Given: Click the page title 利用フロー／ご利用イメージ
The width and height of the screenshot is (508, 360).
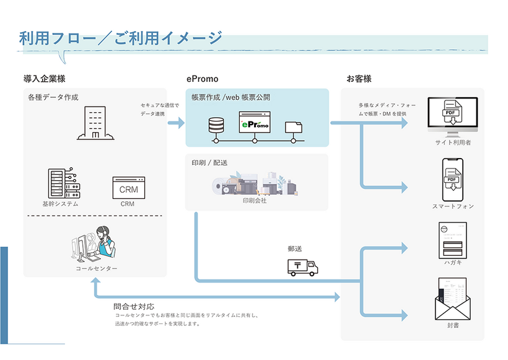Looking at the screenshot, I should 121,38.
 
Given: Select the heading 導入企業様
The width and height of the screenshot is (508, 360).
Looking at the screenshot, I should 45,79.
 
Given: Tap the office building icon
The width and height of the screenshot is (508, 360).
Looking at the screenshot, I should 93,123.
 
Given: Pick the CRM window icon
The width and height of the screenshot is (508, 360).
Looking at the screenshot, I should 128,187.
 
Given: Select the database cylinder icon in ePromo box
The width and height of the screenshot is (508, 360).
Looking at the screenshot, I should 216,126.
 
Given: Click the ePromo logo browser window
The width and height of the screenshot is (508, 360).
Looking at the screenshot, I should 255,123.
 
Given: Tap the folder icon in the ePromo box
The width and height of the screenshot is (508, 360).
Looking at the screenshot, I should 294,128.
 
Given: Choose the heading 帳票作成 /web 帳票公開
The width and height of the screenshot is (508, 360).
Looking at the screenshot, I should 230,97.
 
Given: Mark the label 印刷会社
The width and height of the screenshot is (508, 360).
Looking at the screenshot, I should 255,201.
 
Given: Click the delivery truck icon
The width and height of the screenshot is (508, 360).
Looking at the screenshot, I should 302,266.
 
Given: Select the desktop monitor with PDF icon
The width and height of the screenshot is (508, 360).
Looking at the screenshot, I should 453,116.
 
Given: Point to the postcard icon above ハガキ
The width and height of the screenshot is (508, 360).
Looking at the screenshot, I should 452,240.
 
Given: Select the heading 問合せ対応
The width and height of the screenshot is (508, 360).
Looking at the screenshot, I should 134,306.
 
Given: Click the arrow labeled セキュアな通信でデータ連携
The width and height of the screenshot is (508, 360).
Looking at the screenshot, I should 176,123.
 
